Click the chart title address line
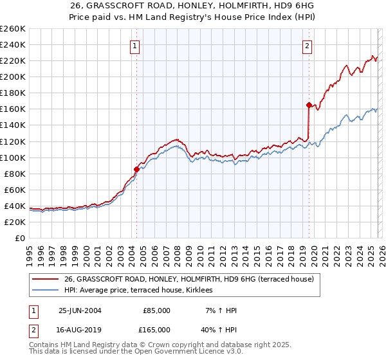pyautogui.click(x=193, y=6)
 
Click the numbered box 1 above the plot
pyautogui.click(x=135, y=46)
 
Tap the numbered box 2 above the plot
pyautogui.click(x=308, y=46)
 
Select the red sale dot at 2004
pyautogui.click(x=136, y=170)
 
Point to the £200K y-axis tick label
pyautogui.click(x=13, y=76)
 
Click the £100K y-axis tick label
pyautogui.click(x=13, y=157)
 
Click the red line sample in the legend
pyautogui.click(x=45, y=279)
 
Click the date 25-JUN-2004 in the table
pyautogui.click(x=80, y=310)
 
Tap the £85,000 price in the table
pyautogui.click(x=156, y=310)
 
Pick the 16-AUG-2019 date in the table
pyautogui.click(x=80, y=330)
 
